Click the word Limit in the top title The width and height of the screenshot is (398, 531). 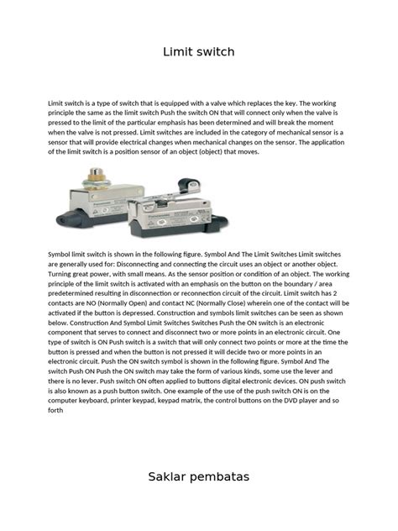point(178,53)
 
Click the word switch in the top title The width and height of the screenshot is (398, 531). point(216,53)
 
